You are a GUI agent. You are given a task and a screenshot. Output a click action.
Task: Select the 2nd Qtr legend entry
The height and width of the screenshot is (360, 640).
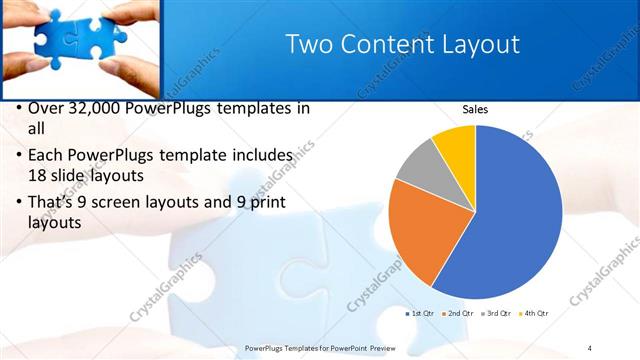[458, 314]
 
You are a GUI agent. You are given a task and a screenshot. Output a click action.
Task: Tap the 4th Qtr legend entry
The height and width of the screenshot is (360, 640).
[533, 314]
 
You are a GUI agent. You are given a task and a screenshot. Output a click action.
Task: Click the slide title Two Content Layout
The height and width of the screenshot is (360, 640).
[402, 45]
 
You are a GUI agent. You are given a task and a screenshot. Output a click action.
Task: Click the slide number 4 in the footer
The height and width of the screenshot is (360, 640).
[589, 348]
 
